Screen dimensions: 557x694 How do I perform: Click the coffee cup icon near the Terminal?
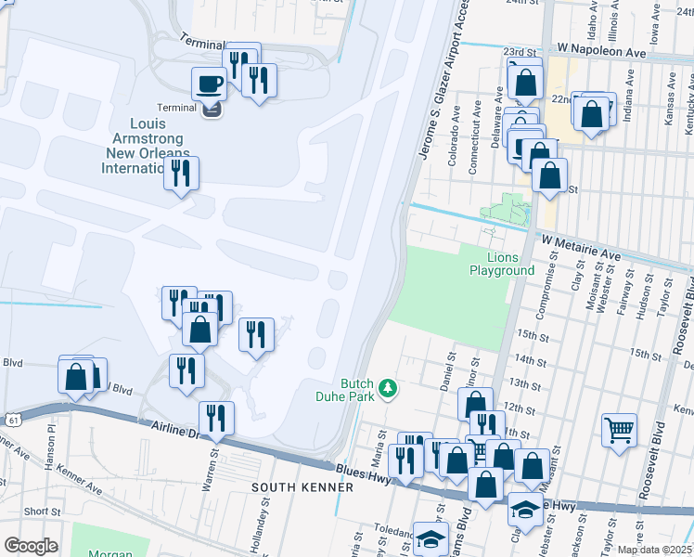click(209, 84)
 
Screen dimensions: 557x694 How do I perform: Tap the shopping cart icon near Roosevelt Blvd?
click(619, 431)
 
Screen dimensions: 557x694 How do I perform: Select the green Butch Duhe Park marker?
click(391, 389)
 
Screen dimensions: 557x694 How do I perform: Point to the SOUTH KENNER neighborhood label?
click(302, 487)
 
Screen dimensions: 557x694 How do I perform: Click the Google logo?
click(31, 546)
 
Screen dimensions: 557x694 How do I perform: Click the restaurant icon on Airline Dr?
click(216, 419)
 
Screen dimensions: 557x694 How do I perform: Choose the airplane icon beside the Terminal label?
click(212, 109)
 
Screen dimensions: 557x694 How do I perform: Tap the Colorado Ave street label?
click(455, 140)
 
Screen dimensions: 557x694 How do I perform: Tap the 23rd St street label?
click(520, 52)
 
